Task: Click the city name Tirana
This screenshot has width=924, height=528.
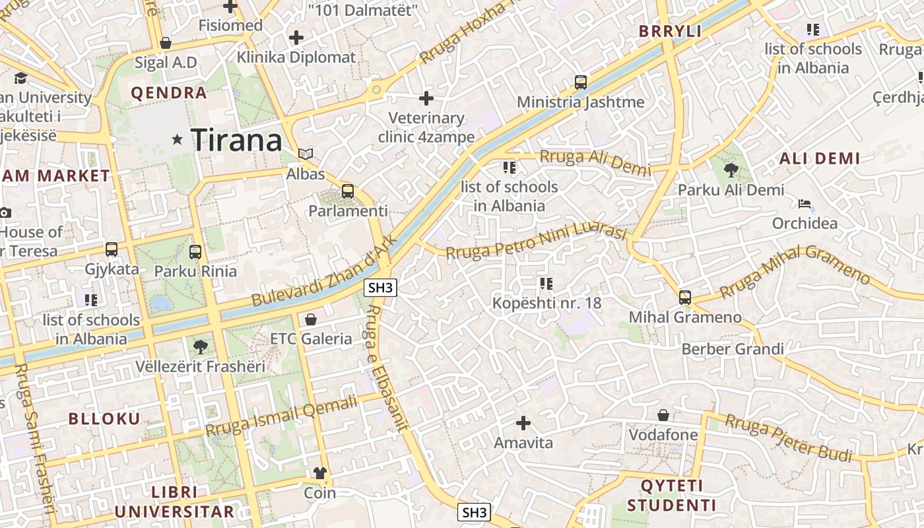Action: pyautogui.click(x=236, y=140)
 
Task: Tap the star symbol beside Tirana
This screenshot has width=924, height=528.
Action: pyautogui.click(x=177, y=139)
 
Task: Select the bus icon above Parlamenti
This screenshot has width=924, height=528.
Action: pyautogui.click(x=348, y=191)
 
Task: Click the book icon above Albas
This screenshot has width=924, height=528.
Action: pyautogui.click(x=305, y=154)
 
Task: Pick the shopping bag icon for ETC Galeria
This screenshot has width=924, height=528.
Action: pyautogui.click(x=311, y=319)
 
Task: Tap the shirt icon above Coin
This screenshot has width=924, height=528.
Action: pyautogui.click(x=320, y=473)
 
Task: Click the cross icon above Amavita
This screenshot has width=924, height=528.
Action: pyautogui.click(x=523, y=422)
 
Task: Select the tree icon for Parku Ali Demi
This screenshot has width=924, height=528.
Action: pyautogui.click(x=731, y=170)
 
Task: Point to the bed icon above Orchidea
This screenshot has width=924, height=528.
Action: pyautogui.click(x=804, y=204)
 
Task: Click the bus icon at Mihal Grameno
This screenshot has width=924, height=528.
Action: pyautogui.click(x=685, y=298)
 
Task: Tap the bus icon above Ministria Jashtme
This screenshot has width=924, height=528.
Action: pyautogui.click(x=581, y=82)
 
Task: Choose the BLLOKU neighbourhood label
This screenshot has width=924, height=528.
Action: pyautogui.click(x=104, y=418)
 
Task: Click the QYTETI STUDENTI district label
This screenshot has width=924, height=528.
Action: pyautogui.click(x=671, y=496)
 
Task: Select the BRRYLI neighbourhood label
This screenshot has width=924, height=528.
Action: pyautogui.click(x=670, y=31)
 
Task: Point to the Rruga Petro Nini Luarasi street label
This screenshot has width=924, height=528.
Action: pyautogui.click(x=535, y=242)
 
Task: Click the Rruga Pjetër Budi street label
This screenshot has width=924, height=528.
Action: pyautogui.click(x=789, y=438)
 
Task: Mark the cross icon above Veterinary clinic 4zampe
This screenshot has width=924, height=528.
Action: pyautogui.click(x=426, y=98)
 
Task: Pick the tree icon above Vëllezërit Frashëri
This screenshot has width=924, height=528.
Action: pyautogui.click(x=201, y=346)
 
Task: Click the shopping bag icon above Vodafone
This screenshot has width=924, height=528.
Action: pyautogui.click(x=663, y=415)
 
